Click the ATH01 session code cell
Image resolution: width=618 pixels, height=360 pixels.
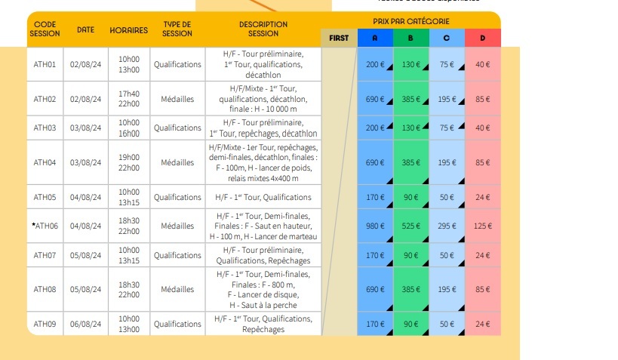[x=45, y=65]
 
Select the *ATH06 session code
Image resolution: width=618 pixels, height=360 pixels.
[x=45, y=226]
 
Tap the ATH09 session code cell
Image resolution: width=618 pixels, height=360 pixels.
[x=45, y=324]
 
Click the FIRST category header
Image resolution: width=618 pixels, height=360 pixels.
[x=339, y=38]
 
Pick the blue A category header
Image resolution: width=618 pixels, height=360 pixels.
[x=375, y=38]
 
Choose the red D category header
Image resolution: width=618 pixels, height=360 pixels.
[x=483, y=38]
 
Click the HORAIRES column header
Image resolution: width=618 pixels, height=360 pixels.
[x=129, y=30]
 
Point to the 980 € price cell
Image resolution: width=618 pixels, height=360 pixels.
[x=375, y=226]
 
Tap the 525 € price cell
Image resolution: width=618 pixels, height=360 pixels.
[x=411, y=226]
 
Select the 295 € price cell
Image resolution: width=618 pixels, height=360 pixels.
[x=447, y=226]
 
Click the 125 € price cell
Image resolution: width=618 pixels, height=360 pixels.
[x=483, y=226]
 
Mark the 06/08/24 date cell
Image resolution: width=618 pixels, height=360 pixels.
[x=85, y=324]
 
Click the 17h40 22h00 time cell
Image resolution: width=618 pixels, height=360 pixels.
[x=129, y=99]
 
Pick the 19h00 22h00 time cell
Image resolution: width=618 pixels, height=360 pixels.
[x=129, y=162]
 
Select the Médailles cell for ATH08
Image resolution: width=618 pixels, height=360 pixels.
[x=177, y=289]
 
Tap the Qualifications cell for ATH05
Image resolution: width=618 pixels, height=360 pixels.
[x=177, y=198]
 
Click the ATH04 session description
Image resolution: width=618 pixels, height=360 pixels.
[x=263, y=162]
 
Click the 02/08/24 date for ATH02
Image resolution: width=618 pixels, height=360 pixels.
[x=85, y=99]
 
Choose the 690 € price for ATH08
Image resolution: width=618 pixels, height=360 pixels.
[x=375, y=289]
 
